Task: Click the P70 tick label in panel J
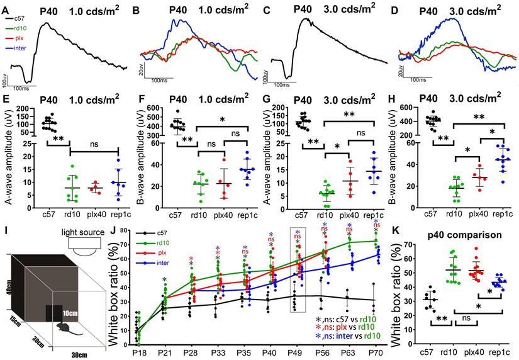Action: click(377, 346)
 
